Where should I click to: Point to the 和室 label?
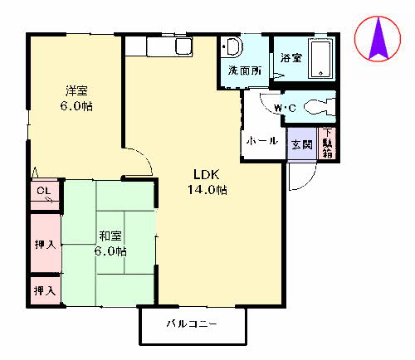[110, 236]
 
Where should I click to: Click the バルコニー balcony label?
[191, 324]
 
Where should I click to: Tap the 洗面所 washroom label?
[245, 71]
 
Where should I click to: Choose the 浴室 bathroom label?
[290, 58]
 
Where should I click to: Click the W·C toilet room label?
[286, 108]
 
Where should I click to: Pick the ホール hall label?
[263, 141]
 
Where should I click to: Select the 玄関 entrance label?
[300, 144]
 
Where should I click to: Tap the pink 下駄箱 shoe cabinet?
[327, 143]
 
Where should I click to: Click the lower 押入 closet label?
[45, 290]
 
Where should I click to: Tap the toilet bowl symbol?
[320, 106]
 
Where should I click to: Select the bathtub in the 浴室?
[320, 58]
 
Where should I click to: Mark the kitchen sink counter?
[171, 46]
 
